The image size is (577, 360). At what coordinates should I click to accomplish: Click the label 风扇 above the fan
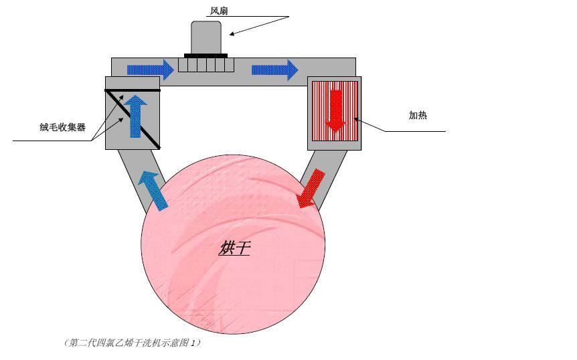219,11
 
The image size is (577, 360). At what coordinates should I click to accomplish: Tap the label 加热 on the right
418,115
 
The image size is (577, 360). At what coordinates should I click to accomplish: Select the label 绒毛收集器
62,127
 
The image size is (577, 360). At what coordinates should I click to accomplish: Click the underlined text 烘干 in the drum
234,248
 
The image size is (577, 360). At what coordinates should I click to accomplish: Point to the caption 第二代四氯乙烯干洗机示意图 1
133,343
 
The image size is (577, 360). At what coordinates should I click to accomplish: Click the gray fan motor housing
206,37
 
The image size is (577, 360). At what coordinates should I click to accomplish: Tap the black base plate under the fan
205,56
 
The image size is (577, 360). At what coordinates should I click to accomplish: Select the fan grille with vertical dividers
206,65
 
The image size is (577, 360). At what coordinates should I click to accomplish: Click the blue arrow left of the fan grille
151,70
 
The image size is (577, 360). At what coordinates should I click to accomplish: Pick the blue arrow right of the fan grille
275,70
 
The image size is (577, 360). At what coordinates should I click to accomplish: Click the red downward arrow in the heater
335,111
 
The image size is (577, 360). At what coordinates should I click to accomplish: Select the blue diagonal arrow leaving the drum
153,191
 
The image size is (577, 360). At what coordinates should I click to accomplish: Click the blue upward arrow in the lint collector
135,116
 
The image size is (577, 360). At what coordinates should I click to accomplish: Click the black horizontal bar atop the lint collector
133,90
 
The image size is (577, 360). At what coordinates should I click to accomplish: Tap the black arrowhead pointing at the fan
232,34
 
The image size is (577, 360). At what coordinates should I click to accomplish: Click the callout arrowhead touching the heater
356,119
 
